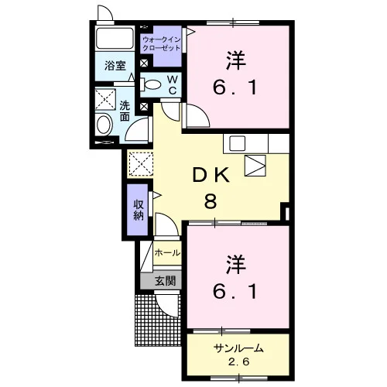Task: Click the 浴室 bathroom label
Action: [x=115, y=66]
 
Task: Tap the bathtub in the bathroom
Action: [x=115, y=38]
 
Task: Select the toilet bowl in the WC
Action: [x=151, y=85]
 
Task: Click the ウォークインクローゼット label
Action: [x=161, y=44]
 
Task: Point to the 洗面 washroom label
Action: [x=125, y=111]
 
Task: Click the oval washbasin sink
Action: [x=104, y=125]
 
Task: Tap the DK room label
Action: [x=211, y=176]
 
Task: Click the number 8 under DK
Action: [x=211, y=201]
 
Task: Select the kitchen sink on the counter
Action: [x=238, y=143]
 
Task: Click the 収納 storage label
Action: [x=139, y=210]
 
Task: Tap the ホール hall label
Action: [x=167, y=253]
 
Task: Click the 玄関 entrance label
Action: [x=166, y=281]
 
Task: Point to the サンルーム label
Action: [x=238, y=348]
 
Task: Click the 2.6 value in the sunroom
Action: [x=238, y=362]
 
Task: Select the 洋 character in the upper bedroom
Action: [x=235, y=60]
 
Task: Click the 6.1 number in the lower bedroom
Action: [x=235, y=292]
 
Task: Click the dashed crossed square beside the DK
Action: [x=141, y=165]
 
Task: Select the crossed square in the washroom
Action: [x=105, y=99]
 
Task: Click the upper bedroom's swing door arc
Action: [x=202, y=111]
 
